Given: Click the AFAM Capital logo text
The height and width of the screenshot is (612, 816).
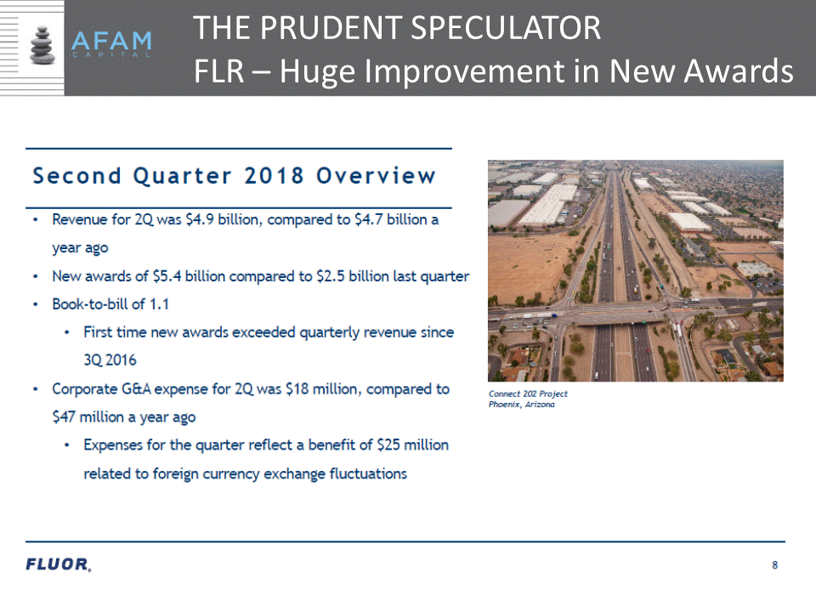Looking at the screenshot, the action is [111, 44].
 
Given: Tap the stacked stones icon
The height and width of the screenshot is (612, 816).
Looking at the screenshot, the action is [42, 45].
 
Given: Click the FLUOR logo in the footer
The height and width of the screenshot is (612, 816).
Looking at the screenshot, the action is [59, 564].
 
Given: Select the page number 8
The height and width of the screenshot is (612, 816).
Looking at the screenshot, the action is [775, 565].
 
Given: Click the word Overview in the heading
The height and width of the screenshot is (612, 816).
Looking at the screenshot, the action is [376, 176].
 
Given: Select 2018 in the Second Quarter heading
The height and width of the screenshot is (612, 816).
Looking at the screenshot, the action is [274, 176].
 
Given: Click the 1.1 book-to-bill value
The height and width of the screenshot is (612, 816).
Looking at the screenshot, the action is [159, 304].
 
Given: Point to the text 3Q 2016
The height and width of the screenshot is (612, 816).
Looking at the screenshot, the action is [110, 360].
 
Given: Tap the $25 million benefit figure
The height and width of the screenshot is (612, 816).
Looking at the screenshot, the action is [413, 445].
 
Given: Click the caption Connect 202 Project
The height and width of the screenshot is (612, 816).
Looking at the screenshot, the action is [528, 394].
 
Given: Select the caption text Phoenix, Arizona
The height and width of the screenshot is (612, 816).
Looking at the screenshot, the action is [521, 405].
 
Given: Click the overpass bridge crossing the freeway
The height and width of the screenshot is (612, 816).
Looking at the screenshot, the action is [614, 314].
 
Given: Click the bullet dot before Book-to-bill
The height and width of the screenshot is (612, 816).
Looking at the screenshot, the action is [36, 304].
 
